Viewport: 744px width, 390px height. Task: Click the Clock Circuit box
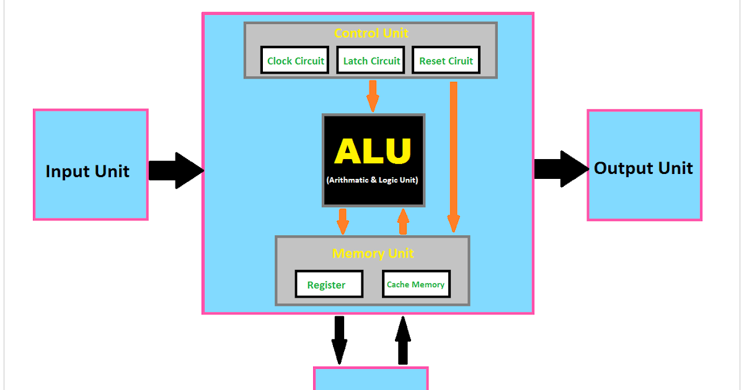pyautogui.click(x=295, y=61)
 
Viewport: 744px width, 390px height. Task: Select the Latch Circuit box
pyautogui.click(x=371, y=61)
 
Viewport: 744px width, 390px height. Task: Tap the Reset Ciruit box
pyautogui.click(x=446, y=61)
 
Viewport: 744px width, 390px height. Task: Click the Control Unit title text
pyautogui.click(x=371, y=33)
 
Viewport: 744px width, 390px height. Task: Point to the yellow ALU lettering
pyautogui.click(x=373, y=151)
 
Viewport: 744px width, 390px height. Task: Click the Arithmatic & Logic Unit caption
pyautogui.click(x=373, y=180)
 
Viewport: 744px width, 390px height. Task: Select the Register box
pyautogui.click(x=327, y=285)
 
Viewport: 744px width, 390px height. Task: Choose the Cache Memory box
pyautogui.click(x=415, y=285)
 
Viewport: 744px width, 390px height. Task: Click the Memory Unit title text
pyautogui.click(x=373, y=254)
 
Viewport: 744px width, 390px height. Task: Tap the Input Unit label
pyautogui.click(x=87, y=171)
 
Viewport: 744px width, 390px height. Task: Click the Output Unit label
pyautogui.click(x=644, y=168)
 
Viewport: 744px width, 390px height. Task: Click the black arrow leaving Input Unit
pyautogui.click(x=176, y=170)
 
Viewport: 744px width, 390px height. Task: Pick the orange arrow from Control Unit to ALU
pyautogui.click(x=373, y=95)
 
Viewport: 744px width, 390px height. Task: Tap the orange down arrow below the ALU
pyautogui.click(x=342, y=220)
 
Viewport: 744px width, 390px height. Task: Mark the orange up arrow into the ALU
pyautogui.click(x=404, y=221)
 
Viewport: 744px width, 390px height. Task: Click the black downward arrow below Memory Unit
pyautogui.click(x=339, y=340)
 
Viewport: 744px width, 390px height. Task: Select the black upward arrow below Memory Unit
pyautogui.click(x=403, y=340)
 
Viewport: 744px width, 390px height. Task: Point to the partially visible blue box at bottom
pyautogui.click(x=371, y=379)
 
